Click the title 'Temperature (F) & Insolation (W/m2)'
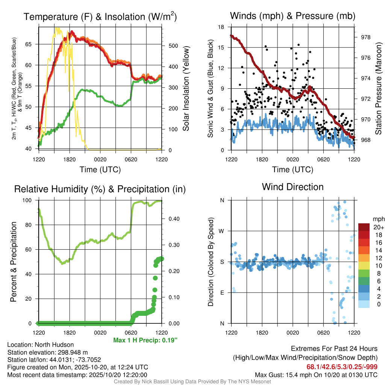pos(100,17)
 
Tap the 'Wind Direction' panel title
pos(293,187)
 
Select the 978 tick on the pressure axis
pos(365,37)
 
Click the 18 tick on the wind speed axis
pos(221,27)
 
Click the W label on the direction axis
pos(222,231)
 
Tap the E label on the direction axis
pos(222,293)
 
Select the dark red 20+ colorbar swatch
pos(364,227)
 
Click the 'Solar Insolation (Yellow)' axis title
pos(186,89)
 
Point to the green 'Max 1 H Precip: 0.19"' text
pos(145,340)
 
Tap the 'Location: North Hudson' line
pos(41,345)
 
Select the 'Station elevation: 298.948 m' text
pos(47,352)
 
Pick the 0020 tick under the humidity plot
pos(100,333)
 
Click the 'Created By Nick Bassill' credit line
pos(192,382)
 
